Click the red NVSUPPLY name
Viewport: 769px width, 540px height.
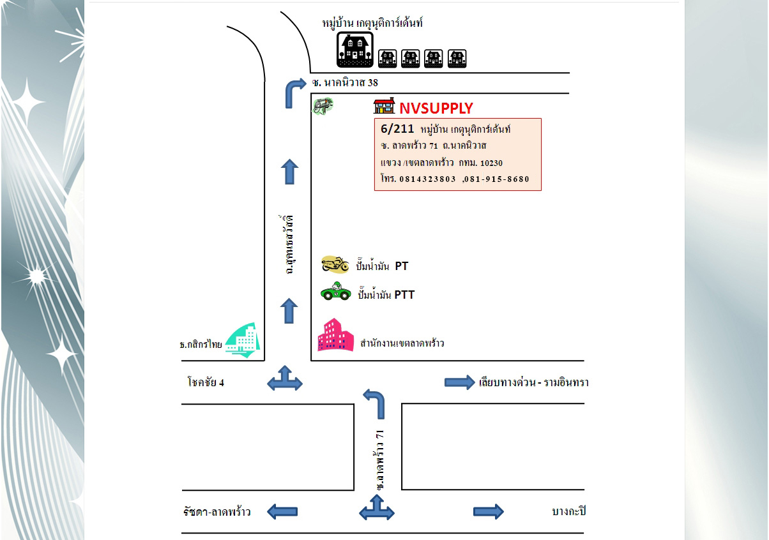point(436,109)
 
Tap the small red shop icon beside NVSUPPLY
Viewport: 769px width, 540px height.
point(384,106)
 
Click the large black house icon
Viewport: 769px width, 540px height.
point(355,50)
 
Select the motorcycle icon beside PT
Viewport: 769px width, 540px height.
point(335,264)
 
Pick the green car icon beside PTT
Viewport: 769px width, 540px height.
point(336,291)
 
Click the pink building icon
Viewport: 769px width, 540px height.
point(335,335)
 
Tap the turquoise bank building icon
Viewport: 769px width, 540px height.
point(243,340)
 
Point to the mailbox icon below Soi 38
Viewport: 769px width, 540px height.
point(323,106)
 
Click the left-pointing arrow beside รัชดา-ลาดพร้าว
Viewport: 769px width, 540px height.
point(282,512)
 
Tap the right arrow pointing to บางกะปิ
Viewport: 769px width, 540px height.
point(489,512)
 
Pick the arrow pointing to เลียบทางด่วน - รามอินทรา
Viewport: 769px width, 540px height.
point(460,382)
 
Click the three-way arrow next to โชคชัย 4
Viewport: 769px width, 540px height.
point(285,379)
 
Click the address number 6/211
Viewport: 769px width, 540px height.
point(397,129)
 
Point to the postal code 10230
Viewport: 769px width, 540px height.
point(491,163)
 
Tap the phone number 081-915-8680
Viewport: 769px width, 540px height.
point(497,179)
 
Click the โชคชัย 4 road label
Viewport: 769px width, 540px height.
point(206,382)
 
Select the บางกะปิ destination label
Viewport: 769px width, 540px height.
point(569,511)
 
